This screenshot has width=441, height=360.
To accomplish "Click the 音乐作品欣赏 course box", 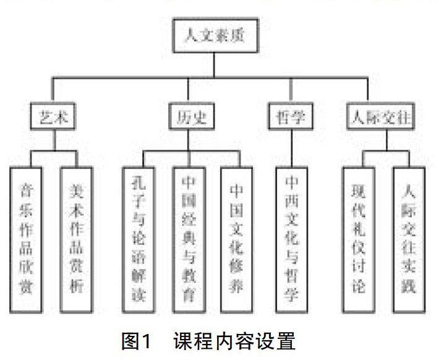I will click(27, 238).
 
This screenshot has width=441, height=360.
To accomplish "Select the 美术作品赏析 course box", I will click(77, 238).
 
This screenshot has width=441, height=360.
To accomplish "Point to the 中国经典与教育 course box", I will click(189, 238).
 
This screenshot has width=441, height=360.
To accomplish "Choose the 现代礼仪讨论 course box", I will click(359, 238).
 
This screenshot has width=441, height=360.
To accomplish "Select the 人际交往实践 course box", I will click(409, 238).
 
